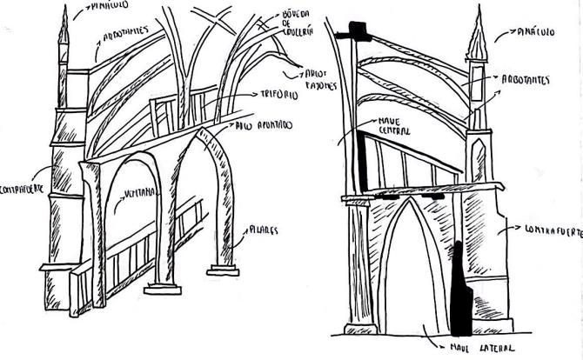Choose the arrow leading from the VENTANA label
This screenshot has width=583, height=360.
[119, 206]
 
